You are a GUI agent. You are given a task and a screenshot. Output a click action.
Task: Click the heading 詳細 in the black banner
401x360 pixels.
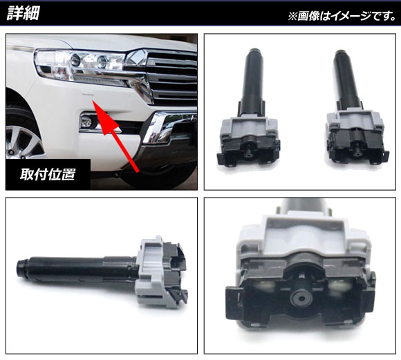(23, 13)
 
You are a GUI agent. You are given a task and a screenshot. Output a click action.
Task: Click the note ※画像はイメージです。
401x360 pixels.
(342, 16)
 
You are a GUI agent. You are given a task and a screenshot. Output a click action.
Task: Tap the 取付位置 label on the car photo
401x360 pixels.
(48, 174)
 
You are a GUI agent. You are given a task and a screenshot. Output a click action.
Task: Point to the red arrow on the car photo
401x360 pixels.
(115, 136)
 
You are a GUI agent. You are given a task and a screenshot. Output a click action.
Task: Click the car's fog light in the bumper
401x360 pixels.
(86, 122)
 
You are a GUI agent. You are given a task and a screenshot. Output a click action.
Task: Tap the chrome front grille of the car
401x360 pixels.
(171, 77)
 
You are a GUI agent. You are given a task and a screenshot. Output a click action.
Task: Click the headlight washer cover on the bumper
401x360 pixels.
(87, 93)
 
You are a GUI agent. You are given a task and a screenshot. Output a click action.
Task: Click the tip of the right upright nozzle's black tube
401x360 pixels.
(341, 52)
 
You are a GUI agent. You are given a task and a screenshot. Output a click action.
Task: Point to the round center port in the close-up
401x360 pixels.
(300, 299)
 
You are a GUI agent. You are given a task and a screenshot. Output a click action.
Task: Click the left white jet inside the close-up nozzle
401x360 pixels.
(264, 286)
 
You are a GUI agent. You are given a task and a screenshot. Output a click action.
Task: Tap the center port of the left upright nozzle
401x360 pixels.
(248, 153)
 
